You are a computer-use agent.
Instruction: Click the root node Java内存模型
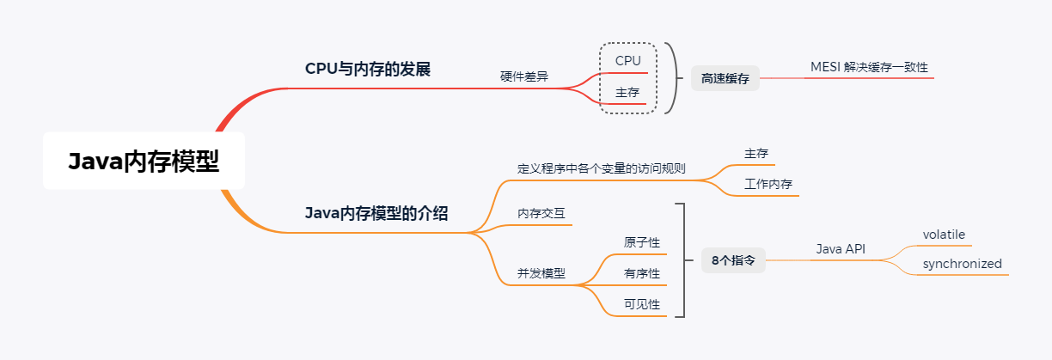144,162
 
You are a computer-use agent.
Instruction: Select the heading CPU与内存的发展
368,69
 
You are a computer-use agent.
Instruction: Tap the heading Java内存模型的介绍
376,213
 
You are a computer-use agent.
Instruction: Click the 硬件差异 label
524,76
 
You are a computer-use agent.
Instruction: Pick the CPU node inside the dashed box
628,61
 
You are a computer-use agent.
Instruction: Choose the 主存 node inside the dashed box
628,92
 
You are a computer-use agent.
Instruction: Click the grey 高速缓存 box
725,78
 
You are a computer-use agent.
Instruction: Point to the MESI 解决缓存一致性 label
869,67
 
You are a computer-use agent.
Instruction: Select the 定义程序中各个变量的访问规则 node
602,168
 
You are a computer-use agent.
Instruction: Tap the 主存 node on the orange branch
756,154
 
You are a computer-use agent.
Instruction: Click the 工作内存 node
768,185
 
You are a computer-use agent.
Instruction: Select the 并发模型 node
541,273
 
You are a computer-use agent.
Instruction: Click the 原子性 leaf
642,242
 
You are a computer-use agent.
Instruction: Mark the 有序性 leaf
642,273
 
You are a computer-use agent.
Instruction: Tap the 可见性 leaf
642,304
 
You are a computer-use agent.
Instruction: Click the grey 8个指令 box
733,259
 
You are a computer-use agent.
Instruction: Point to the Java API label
841,249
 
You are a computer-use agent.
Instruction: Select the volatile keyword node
945,235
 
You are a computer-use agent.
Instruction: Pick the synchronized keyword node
963,264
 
